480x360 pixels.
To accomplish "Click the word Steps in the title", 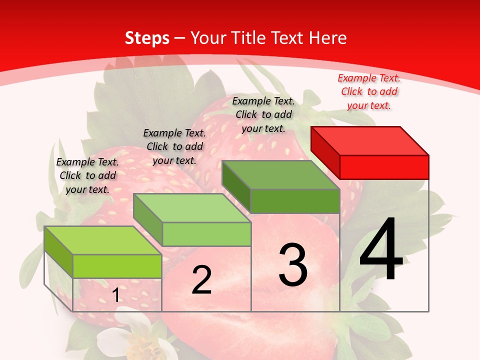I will tap(147, 38).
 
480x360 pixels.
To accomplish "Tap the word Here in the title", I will tap(328, 38).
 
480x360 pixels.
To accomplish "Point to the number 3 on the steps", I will tap(293, 265).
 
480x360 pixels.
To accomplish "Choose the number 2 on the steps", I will tap(201, 280).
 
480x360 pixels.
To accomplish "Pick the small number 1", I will tap(116, 295).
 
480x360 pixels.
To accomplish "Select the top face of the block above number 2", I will tap(192, 208).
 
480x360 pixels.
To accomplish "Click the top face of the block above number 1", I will tap(103, 240).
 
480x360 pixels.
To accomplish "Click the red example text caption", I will tap(369, 91).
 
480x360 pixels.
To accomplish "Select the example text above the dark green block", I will tap(263, 114).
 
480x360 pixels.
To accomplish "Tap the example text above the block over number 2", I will tap(174, 146).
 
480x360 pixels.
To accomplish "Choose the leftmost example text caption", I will tap(87, 175).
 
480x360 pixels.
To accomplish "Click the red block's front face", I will tap(384, 167).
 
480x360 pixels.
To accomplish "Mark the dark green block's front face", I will tap(295, 201).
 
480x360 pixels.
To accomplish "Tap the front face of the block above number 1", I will tap(117, 266).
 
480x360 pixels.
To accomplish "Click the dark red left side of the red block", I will tap(325, 152).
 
